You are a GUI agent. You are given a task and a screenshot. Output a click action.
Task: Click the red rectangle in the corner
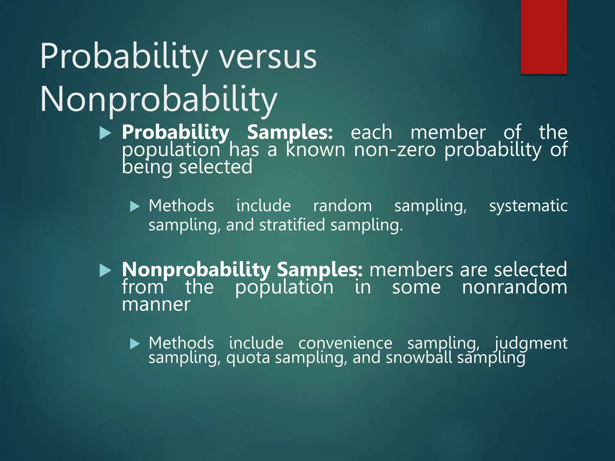pos(544,37)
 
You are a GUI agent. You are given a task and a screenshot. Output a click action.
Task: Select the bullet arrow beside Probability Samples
pos(105,133)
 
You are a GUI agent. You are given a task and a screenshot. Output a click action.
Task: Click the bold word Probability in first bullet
pos(176,132)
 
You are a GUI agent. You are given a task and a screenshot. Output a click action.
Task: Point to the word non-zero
pos(395,150)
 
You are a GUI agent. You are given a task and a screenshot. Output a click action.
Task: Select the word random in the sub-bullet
pos(342,206)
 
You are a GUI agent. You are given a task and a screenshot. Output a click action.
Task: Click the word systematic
pos(528,206)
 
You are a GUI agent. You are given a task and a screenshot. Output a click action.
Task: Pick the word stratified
pos(292,225)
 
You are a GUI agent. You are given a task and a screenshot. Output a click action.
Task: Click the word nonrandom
pos(514,287)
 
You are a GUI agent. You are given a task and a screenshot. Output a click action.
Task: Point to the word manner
pos(156,305)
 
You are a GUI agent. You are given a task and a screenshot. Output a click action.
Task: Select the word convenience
pos(345,343)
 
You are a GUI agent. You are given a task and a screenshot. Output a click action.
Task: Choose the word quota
pos(248,358)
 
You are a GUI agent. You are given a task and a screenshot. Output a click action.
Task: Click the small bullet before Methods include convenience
pos(135,344)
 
